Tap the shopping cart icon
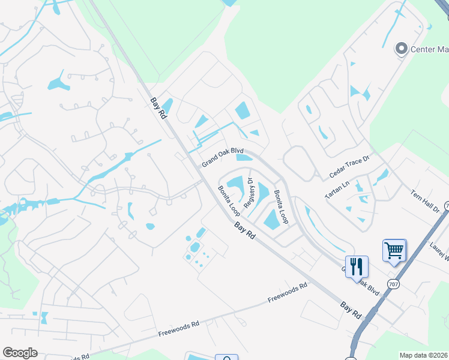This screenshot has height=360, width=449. tap(394, 250)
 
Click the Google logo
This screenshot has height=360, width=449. tap(20, 353)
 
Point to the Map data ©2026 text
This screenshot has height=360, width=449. tap(423, 355)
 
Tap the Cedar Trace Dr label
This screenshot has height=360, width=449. tap(351, 167)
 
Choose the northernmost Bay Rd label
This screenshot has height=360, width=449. tap(158, 109)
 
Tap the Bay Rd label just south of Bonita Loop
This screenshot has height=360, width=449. tap(245, 231)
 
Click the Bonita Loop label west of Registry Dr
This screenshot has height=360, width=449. tap(229, 200)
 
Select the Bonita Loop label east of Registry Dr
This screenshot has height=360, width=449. tap(281, 206)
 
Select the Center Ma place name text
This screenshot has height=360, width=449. tap(429, 50)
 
